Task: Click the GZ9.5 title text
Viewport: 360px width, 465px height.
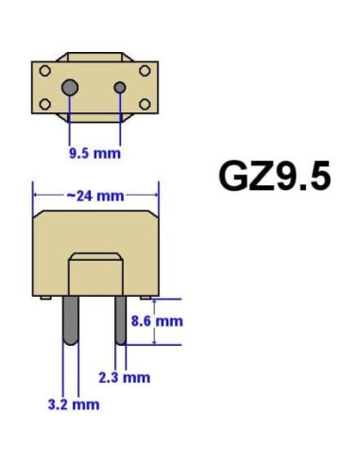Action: pyautogui.click(x=275, y=176)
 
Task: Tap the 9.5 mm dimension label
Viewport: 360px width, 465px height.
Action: pyautogui.click(x=94, y=153)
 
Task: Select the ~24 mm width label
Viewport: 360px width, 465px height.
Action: pyautogui.click(x=95, y=196)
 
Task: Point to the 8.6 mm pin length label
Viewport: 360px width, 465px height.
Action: pyautogui.click(x=157, y=321)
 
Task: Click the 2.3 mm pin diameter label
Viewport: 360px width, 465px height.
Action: pyautogui.click(x=125, y=377)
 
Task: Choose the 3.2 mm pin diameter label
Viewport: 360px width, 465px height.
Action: pyautogui.click(x=74, y=405)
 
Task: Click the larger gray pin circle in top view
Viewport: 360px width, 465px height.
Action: pyautogui.click(x=70, y=87)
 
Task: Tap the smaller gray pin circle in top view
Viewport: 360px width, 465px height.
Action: pyautogui.click(x=120, y=88)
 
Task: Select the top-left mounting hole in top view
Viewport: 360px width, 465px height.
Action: pyautogui.click(x=45, y=71)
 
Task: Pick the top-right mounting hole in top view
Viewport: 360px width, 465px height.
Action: pyautogui.click(x=145, y=71)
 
